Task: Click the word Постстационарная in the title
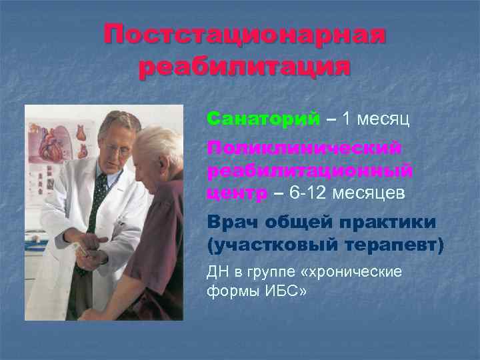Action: pos(245,35)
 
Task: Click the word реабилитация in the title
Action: pos(245,67)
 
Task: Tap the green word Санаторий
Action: pos(263,119)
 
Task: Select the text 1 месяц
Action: pos(375,119)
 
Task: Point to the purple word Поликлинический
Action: pos(304,147)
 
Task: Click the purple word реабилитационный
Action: pos(309,170)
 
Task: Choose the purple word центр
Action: pos(236,193)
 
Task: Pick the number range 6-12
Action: pos(305,193)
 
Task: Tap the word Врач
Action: pos(234,221)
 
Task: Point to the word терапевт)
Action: pos(389,245)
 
